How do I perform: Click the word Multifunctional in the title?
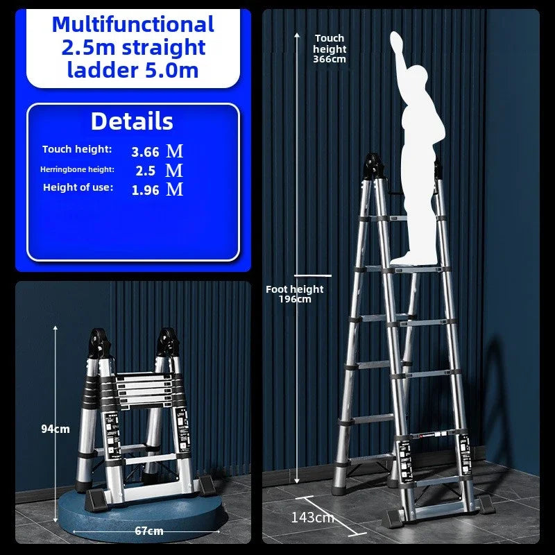click(x=133, y=24)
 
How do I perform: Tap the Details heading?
click(x=132, y=121)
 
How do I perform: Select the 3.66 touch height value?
click(x=146, y=151)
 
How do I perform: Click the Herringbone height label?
click(x=77, y=169)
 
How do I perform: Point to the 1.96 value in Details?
click(x=146, y=189)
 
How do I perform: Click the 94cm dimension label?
click(x=55, y=429)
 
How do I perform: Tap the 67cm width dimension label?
click(x=149, y=531)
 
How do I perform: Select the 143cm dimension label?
click(x=312, y=518)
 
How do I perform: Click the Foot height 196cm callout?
click(x=295, y=294)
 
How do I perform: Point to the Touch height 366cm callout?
click(x=330, y=49)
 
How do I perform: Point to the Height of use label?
click(x=78, y=187)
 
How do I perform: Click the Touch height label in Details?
click(x=76, y=149)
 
